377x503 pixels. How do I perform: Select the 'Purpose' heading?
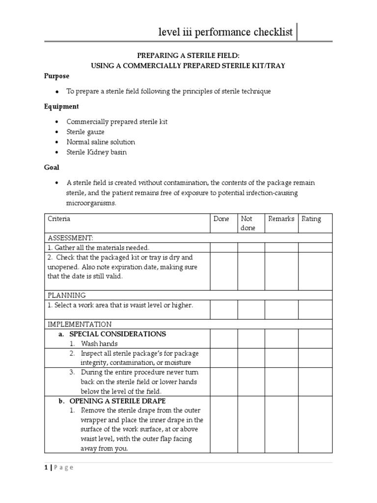pyautogui.click(x=57, y=76)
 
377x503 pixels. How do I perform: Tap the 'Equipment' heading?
pyautogui.click(x=61, y=107)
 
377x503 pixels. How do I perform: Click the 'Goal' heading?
pyautogui.click(x=52, y=168)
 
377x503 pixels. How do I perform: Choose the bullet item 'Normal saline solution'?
pyautogui.click(x=101, y=142)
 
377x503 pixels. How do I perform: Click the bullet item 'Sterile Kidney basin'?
pyautogui.click(x=97, y=152)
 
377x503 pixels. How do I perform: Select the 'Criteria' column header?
pyautogui.click(x=59, y=219)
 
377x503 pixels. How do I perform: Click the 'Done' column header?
pyautogui.click(x=221, y=219)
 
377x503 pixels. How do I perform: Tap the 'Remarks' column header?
pyautogui.click(x=281, y=219)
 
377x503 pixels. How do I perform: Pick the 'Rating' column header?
pyautogui.click(x=311, y=219)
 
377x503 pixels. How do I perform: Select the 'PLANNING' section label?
pyautogui.click(x=67, y=295)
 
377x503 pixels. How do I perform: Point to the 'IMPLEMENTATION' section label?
pyautogui.click(x=80, y=324)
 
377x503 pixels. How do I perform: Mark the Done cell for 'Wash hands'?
pyautogui.click(x=224, y=344)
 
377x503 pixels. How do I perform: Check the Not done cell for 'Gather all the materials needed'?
pyautogui.click(x=251, y=248)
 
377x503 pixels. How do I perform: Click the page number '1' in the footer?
pyautogui.click(x=46, y=468)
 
